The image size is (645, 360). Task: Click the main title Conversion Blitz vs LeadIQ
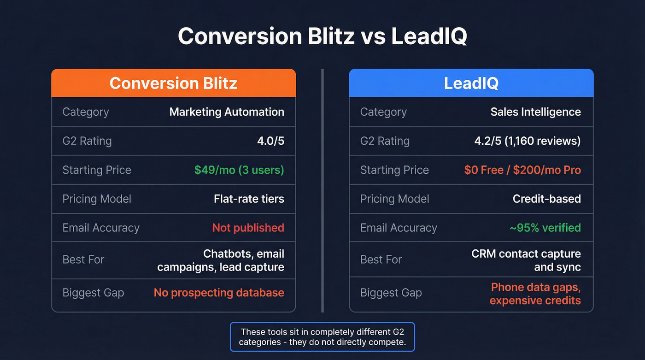(322, 36)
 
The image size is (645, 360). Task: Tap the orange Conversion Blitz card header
(173, 83)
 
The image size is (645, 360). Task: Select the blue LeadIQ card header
(471, 83)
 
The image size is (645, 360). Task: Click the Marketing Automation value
(227, 112)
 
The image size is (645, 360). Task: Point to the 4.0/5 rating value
(270, 141)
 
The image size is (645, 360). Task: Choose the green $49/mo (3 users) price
(239, 170)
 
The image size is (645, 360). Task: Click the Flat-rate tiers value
(249, 199)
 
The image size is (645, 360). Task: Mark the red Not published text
(248, 228)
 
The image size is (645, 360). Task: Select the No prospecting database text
(219, 293)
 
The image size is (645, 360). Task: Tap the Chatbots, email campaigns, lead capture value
(221, 260)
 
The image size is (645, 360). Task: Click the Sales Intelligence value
(535, 112)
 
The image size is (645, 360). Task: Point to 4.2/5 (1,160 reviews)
(528, 141)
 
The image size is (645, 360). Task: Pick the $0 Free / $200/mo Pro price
(522, 170)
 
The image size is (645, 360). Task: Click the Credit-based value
(546, 199)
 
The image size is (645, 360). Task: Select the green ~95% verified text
(545, 228)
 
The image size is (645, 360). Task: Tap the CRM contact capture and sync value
(526, 260)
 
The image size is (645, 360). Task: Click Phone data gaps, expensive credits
(535, 294)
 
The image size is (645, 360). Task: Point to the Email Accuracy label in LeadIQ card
(399, 228)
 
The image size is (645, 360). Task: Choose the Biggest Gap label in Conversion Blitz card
(93, 293)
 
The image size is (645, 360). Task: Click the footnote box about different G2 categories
(322, 337)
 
